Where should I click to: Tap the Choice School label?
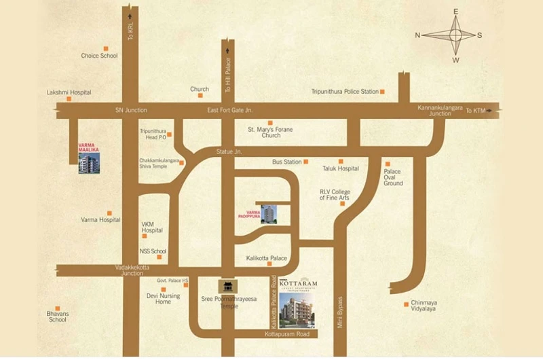[x=99, y=56]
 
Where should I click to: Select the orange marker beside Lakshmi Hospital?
[x=69, y=99]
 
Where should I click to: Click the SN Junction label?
[x=131, y=110]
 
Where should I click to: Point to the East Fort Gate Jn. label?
[x=229, y=110]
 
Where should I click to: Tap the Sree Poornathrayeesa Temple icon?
[x=225, y=287]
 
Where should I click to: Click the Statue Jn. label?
[x=229, y=152]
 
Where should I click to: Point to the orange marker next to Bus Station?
[x=306, y=162]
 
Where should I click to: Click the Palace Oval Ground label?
[x=393, y=177]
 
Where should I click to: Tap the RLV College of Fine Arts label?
[x=335, y=196]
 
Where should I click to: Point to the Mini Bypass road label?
[x=341, y=312]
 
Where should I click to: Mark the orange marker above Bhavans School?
[x=58, y=307]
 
